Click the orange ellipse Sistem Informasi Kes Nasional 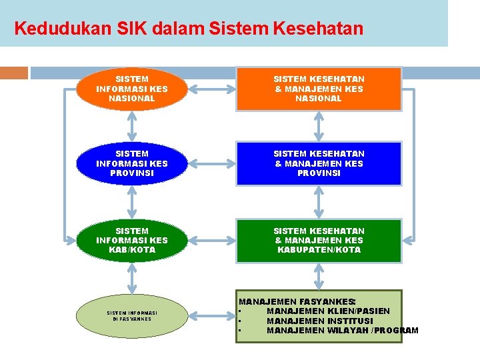point(132,89)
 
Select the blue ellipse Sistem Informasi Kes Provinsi point(132,163)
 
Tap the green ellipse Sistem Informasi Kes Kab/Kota point(132,240)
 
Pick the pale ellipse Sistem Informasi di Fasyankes point(132,315)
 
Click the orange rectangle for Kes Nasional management point(319,89)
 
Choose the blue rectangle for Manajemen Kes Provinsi point(319,163)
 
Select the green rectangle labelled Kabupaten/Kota point(319,240)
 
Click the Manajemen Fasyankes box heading point(297,302)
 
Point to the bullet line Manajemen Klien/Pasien point(328,311)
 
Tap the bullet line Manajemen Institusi point(320,321)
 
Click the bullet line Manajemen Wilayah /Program point(342,330)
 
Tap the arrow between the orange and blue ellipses point(132,126)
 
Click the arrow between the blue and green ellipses point(132,202)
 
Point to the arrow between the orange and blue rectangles point(319,126)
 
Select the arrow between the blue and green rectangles point(319,202)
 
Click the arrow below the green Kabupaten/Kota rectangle point(319,276)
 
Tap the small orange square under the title point(14,73)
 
